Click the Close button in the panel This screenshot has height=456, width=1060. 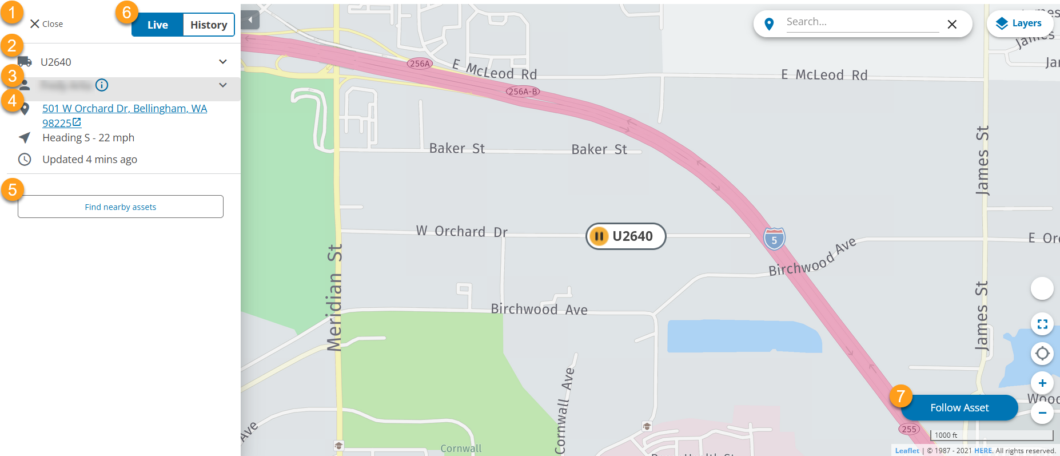click(46, 24)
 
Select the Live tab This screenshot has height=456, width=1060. click(157, 25)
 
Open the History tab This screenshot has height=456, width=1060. click(209, 25)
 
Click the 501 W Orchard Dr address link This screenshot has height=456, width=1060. click(124, 109)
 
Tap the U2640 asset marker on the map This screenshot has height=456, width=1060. click(625, 236)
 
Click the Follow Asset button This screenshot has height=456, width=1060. click(959, 408)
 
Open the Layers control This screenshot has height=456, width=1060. click(1020, 23)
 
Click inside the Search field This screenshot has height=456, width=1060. click(861, 22)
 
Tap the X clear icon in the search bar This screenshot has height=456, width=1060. click(952, 24)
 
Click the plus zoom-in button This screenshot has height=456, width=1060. click(1042, 383)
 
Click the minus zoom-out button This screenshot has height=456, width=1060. click(1042, 413)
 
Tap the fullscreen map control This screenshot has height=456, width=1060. click(1042, 324)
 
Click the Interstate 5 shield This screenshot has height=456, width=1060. click(774, 239)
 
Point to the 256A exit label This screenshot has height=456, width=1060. click(420, 64)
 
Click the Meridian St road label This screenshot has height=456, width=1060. click(335, 298)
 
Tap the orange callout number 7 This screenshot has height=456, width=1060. click(900, 396)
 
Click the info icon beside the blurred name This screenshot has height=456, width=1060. click(102, 85)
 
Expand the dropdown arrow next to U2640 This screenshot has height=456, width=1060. click(223, 62)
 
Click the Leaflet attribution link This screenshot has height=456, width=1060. click(907, 451)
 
